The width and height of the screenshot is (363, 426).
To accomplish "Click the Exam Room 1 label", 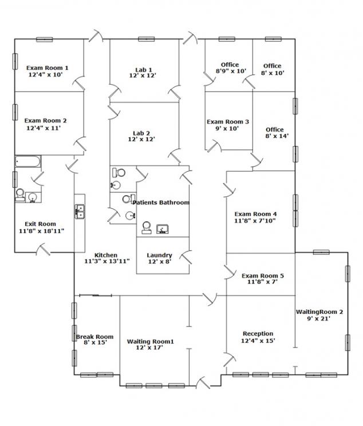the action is click(x=48, y=68).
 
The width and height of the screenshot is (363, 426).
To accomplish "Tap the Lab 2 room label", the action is click(x=141, y=133).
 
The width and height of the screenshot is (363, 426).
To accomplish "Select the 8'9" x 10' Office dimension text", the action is click(x=231, y=71).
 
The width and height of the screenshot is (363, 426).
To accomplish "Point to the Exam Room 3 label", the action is click(x=228, y=122).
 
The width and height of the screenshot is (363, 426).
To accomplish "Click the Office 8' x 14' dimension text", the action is click(x=277, y=136).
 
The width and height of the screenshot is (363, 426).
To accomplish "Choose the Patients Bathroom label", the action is click(x=161, y=202).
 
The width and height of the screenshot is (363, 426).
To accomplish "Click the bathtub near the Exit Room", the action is click(x=27, y=161).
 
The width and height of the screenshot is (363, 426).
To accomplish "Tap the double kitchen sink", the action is click(x=80, y=212).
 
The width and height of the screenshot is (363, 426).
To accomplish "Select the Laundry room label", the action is click(x=159, y=255).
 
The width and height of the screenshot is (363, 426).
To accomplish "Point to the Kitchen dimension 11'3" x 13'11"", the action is click(x=106, y=261).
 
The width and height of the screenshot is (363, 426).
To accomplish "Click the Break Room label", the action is click(x=94, y=337).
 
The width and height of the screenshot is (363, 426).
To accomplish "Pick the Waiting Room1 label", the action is click(x=150, y=341).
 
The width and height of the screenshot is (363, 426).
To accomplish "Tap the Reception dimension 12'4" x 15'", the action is click(x=258, y=341).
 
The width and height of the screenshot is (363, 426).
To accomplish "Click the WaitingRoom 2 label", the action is click(x=319, y=312).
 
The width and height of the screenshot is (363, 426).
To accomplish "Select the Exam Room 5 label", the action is click(x=263, y=275).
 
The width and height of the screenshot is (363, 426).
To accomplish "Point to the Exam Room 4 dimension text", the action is click(x=255, y=221).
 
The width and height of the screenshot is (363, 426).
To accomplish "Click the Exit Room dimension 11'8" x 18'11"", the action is click(x=41, y=231).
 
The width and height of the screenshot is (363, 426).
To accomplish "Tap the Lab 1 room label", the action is click(x=144, y=70).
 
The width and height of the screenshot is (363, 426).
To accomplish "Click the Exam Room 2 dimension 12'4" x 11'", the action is click(x=44, y=128).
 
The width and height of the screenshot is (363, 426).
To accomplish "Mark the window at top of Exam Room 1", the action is click(x=44, y=40).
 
